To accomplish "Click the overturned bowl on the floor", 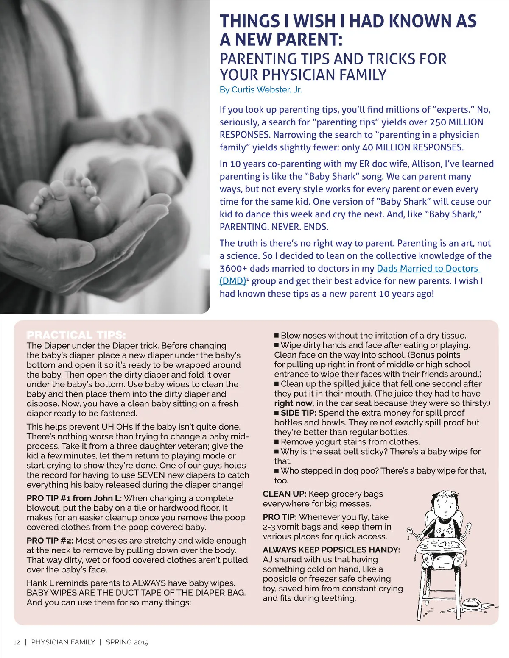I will (x=470, y=602).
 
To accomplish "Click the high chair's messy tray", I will (x=443, y=544).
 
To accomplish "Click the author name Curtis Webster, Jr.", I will (x=260, y=89).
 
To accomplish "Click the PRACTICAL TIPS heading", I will (x=76, y=335).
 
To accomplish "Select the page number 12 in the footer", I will (x=17, y=642).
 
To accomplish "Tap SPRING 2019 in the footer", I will (x=127, y=642).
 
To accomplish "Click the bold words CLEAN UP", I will (x=284, y=494).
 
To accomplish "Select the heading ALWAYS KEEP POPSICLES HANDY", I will (x=331, y=550).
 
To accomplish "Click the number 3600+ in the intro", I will (x=233, y=269).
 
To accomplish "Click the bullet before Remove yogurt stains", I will (x=277, y=442).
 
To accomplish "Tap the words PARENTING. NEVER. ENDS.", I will (x=274, y=227).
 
